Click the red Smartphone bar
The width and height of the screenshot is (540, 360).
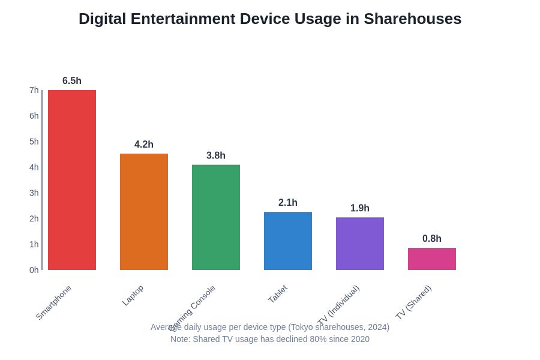(72, 180)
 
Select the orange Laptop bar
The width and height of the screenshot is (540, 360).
(144, 212)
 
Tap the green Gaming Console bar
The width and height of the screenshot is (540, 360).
(216, 217)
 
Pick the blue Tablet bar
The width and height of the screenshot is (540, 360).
(288, 241)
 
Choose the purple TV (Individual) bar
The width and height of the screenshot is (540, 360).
(360, 244)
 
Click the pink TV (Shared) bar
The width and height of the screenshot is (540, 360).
(432, 259)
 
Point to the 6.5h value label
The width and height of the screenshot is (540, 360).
(72, 81)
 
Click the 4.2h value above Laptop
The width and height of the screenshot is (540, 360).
(144, 145)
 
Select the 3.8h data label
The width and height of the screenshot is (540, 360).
(216, 155)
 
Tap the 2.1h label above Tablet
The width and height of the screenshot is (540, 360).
(288, 203)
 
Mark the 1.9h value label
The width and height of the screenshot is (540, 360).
(360, 208)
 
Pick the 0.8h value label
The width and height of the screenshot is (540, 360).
(432, 239)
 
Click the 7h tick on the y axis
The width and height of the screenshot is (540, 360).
(34, 90)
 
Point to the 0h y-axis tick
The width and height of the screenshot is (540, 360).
(34, 270)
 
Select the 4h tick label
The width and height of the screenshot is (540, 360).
(34, 167)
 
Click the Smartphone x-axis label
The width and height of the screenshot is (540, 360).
(53, 302)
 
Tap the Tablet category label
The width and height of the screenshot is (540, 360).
(278, 294)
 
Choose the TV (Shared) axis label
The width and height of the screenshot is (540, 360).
(413, 302)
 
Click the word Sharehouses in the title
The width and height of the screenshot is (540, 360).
(412, 19)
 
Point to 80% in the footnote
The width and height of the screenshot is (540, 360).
(302, 339)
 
